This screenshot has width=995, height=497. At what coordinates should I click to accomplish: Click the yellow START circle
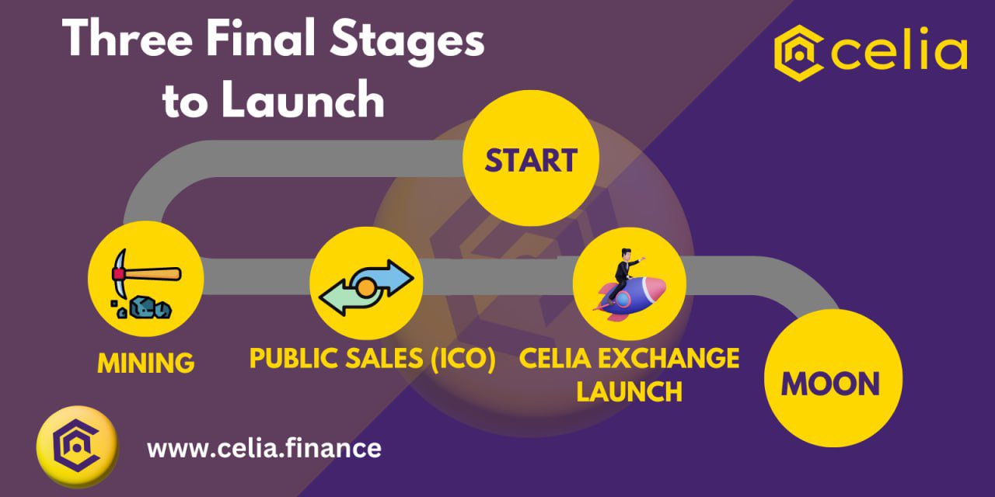531,158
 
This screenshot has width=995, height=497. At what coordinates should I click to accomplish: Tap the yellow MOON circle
833,378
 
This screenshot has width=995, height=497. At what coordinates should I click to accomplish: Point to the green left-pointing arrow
347,297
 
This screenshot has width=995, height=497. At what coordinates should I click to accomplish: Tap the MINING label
145,363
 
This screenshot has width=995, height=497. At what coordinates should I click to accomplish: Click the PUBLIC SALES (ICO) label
372,358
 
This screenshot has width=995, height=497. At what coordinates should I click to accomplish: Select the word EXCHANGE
669,358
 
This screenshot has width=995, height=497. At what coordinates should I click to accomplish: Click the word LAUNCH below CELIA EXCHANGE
629,391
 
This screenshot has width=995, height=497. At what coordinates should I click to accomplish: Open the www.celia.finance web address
264,448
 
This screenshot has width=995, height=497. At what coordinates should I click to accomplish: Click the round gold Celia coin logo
77,447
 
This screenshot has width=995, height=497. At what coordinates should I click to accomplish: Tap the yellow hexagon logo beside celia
798,54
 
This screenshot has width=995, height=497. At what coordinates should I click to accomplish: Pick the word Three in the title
127,38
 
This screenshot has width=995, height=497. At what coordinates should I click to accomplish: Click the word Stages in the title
407,42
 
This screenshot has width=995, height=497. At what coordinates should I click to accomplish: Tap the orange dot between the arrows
366,288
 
